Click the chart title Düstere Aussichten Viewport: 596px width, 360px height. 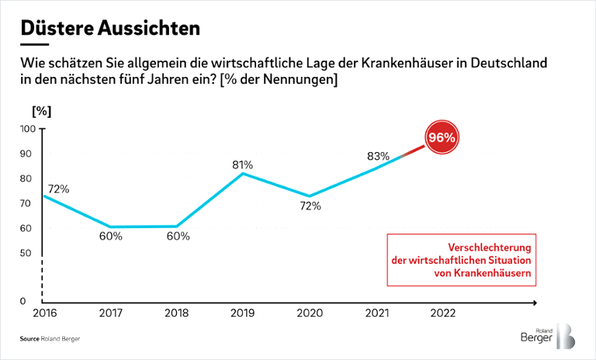click(109, 28)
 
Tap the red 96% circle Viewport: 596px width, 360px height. click(441, 137)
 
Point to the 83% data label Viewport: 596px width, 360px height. click(378, 156)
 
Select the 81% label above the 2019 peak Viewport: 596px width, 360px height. click(242, 164)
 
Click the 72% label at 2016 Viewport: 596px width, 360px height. click(59, 189)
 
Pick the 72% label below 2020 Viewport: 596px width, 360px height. click(310, 206)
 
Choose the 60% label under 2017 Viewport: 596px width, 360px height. click(110, 236)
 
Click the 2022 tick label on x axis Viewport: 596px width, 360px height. click(442, 314)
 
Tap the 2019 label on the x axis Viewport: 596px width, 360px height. click(243, 314)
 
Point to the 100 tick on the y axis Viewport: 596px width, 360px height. click(28, 129)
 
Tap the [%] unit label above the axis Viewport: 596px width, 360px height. click(40, 109)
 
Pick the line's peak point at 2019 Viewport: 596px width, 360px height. click(243, 173)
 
